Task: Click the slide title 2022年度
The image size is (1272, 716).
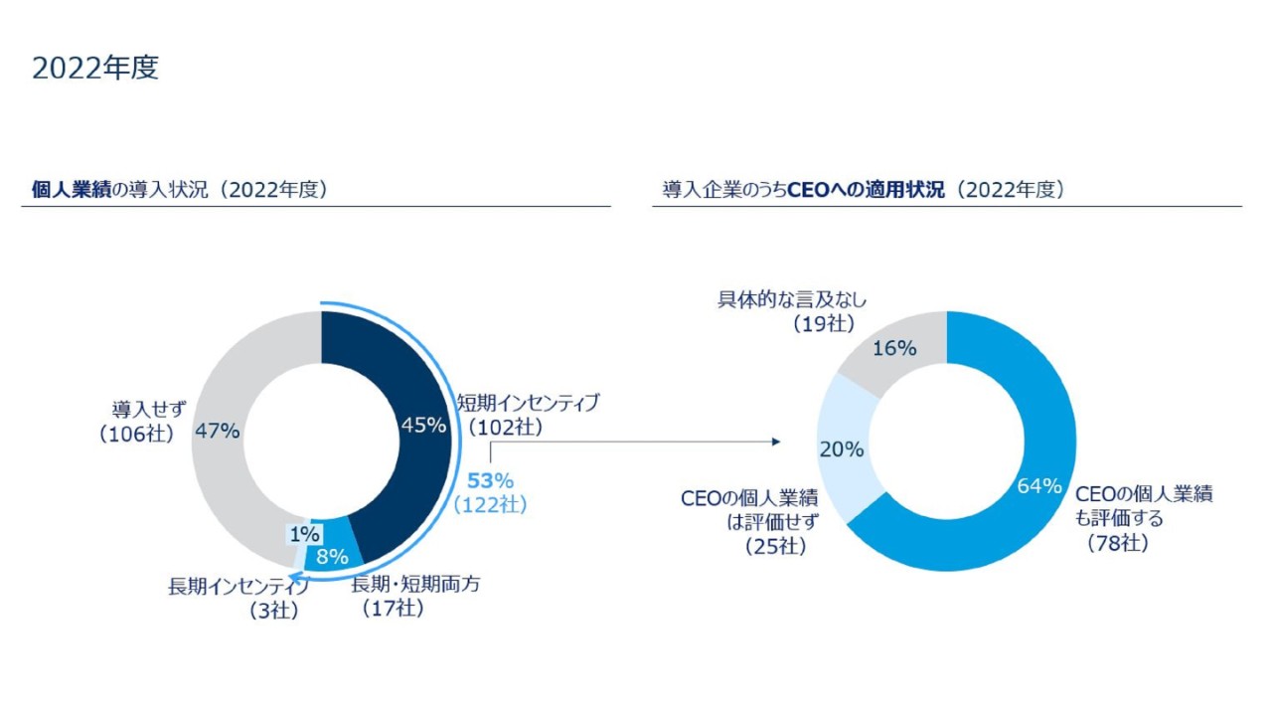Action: coord(95,69)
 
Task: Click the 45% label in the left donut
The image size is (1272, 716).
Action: coord(423,425)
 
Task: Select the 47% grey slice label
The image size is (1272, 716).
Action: coord(217,432)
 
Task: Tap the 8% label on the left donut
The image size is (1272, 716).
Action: coord(331,557)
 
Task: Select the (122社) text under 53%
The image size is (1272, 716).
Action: coord(490,505)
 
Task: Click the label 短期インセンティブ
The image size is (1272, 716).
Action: coord(528,403)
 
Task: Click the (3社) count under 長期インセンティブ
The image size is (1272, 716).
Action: coord(274,612)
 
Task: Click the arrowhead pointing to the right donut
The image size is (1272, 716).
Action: coord(776,441)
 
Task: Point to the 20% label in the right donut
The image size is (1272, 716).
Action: coord(841,449)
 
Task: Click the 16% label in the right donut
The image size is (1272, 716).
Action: coord(894,348)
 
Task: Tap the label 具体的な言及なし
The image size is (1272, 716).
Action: coord(793,299)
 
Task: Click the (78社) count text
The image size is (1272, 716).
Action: coord(1117,543)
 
